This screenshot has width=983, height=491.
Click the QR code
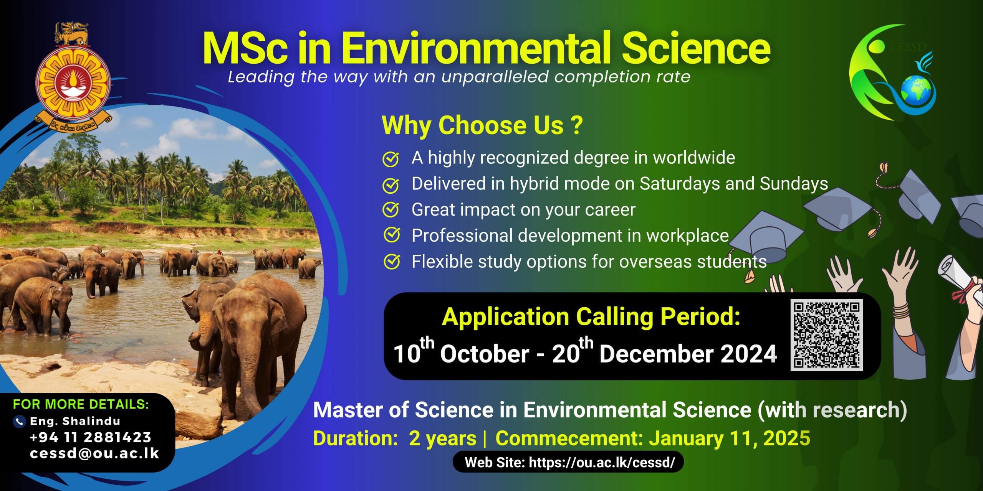click(x=826, y=335)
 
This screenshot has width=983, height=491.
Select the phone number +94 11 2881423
click(x=91, y=437)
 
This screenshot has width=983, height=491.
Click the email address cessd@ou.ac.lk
click(x=94, y=453)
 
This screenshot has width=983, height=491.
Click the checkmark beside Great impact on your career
click(x=391, y=210)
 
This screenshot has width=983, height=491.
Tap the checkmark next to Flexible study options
click(x=391, y=262)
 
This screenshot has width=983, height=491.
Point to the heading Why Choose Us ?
click(x=482, y=125)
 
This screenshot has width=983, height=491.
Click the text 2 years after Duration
click(x=442, y=438)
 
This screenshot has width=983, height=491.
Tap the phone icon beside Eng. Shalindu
click(x=19, y=422)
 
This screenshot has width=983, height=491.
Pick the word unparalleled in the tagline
click(x=494, y=77)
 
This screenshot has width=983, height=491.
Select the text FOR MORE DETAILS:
click(x=81, y=404)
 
